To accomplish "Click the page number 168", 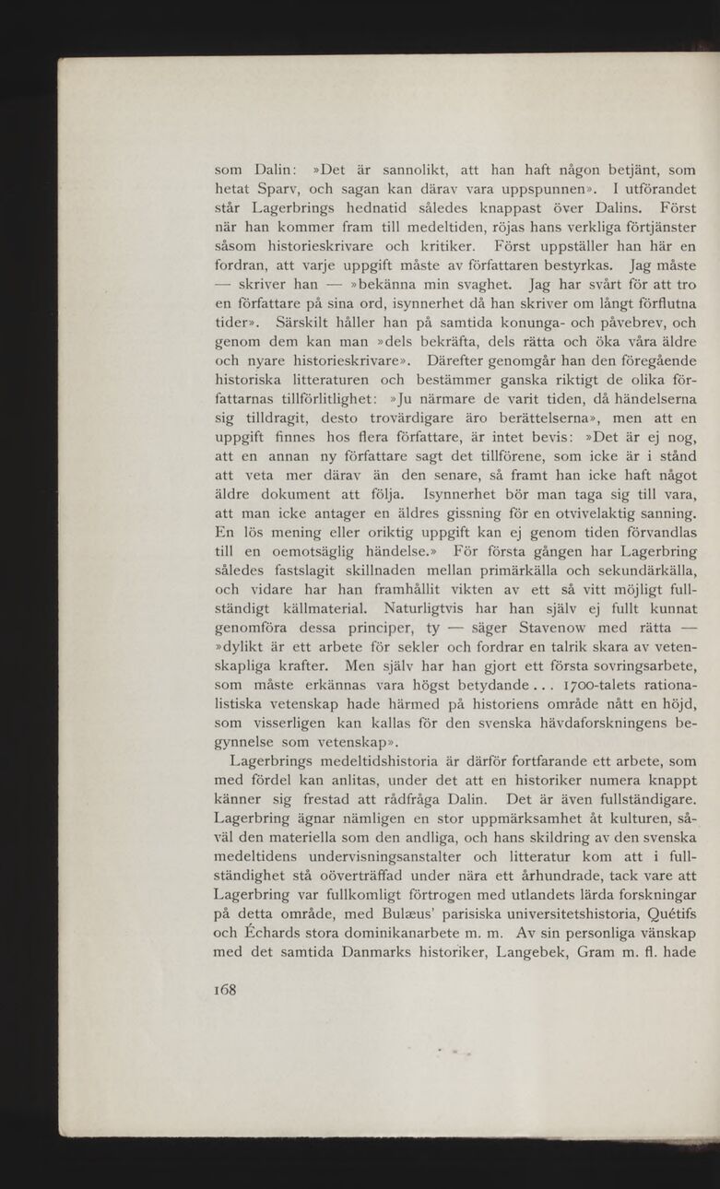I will [x=225, y=990].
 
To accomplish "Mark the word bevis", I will [x=534, y=437].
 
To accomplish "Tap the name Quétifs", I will [x=657, y=912].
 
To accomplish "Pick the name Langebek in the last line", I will [x=513, y=952].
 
